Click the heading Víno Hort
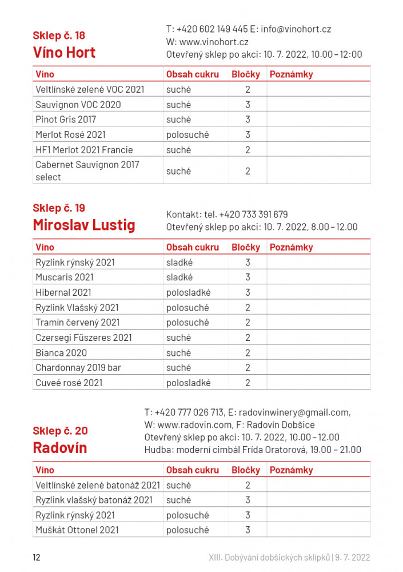click(x=64, y=53)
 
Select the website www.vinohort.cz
click(x=214, y=42)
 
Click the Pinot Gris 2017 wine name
click(x=66, y=120)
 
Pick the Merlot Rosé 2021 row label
click(x=70, y=135)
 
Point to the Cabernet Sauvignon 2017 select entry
click(x=87, y=171)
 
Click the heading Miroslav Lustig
click(x=84, y=225)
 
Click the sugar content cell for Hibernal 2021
click(x=188, y=292)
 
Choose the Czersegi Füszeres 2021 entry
click(x=83, y=337)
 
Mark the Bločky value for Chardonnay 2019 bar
click(x=248, y=368)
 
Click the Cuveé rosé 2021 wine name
click(x=69, y=383)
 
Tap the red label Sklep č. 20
click(x=60, y=431)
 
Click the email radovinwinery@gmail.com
click(x=293, y=412)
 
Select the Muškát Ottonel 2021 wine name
click(x=77, y=530)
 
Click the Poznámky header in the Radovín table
click(x=291, y=470)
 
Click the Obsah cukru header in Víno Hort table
click(x=192, y=74)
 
